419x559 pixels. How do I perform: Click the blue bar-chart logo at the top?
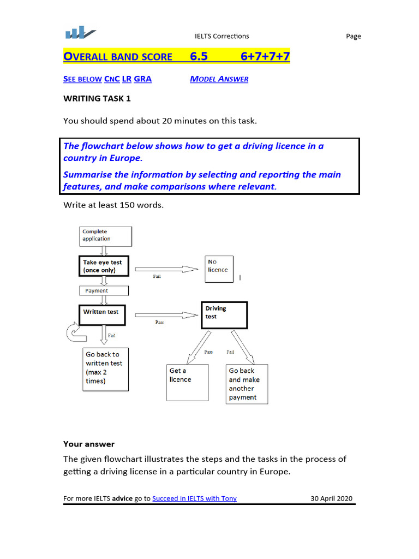click(80, 33)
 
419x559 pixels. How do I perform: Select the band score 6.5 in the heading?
click(199, 56)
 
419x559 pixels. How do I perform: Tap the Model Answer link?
click(219, 79)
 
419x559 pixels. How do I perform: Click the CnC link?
click(112, 79)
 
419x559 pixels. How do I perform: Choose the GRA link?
click(143, 79)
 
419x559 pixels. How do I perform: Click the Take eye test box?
click(104, 266)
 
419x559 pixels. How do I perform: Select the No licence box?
click(219, 269)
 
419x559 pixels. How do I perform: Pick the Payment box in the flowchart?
click(104, 290)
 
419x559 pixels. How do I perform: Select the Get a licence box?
click(188, 382)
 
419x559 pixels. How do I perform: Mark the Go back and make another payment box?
click(247, 384)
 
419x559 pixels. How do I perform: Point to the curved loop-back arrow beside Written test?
click(73, 331)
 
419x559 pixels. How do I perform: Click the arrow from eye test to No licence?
click(166, 269)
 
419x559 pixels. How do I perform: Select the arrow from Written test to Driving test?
click(166, 314)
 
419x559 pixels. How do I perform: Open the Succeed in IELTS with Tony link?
click(194, 498)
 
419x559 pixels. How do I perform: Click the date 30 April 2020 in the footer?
click(332, 498)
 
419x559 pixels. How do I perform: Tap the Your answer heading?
click(89, 444)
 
